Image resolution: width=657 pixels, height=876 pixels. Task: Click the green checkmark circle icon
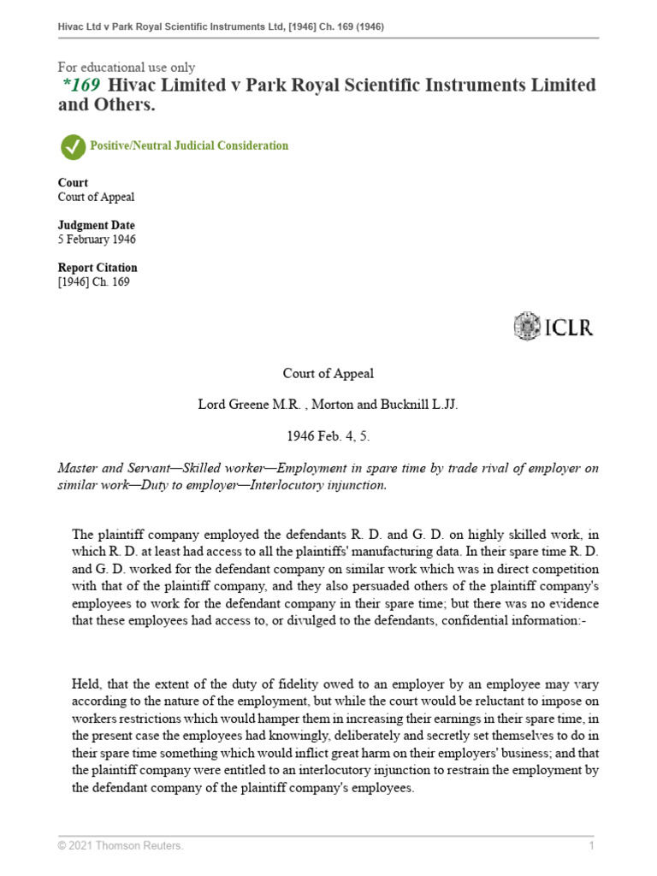(73, 146)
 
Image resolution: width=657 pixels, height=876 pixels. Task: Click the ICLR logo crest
(527, 327)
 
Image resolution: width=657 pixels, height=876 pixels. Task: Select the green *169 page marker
(81, 86)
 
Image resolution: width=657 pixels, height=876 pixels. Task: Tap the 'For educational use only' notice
(126, 67)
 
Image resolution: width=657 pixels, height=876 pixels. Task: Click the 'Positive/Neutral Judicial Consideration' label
(189, 146)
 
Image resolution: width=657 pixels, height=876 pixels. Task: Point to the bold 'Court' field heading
(73, 182)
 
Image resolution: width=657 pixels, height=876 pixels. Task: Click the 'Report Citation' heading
(97, 268)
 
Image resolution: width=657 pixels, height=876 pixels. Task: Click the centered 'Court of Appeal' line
(328, 374)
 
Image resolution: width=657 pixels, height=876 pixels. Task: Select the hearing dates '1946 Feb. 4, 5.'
(328, 436)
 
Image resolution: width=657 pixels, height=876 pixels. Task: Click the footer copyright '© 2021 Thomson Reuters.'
(120, 846)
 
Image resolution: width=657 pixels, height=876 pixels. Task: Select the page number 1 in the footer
(591, 846)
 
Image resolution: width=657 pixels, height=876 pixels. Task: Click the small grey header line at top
(221, 27)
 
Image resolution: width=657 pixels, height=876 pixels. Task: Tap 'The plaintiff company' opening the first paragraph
(128, 535)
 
